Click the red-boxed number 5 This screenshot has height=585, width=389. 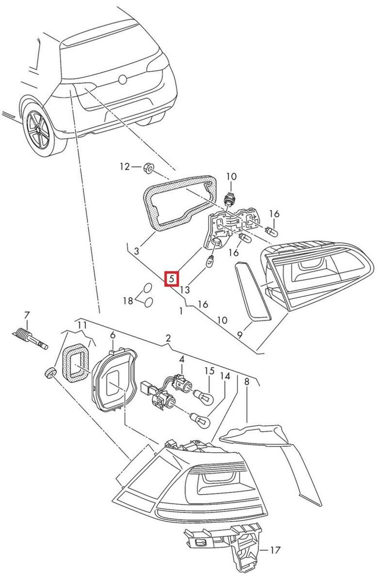pos(172,279)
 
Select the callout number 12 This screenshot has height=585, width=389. pos(125,167)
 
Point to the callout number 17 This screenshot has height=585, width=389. pos(275,550)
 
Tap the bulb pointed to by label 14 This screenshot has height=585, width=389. pos(201,419)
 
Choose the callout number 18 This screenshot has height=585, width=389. pos(127,301)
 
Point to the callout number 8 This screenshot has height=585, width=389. pos(246,382)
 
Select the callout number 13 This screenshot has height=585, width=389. pos(184,290)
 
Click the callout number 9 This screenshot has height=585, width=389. pos(240,335)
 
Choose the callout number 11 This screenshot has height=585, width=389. pos(82,325)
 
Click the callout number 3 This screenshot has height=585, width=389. pos(137,252)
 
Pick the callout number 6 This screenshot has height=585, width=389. pos(113,335)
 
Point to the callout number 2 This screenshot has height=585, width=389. pos(168,338)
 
